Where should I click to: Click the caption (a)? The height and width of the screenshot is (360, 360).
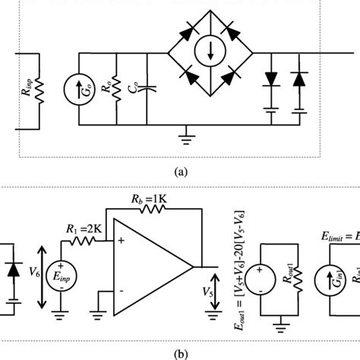180,172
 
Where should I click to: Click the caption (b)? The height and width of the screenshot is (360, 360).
180,352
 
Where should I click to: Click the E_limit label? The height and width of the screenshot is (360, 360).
335,238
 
